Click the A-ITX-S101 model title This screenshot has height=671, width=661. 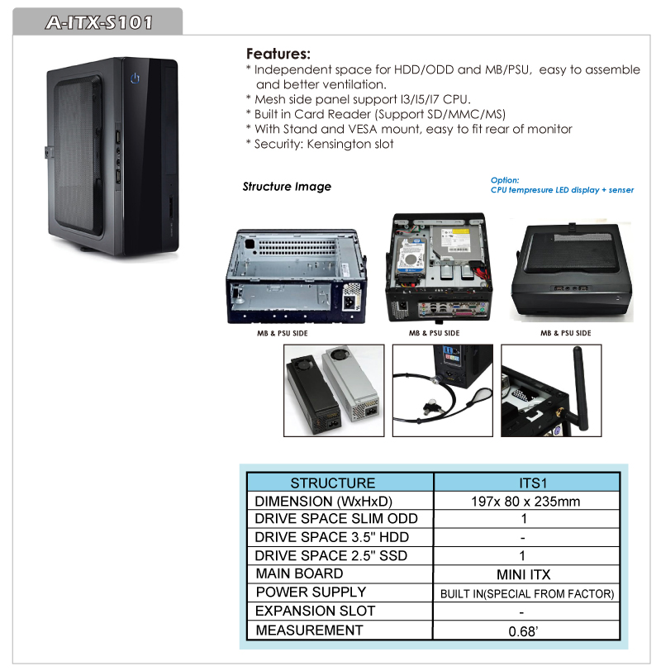[x=99, y=22]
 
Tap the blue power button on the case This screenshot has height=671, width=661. [x=135, y=78]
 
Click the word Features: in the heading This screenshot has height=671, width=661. [x=278, y=54]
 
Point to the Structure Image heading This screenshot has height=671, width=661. [x=287, y=186]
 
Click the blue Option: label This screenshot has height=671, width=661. [x=505, y=180]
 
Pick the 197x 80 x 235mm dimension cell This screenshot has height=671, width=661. [x=525, y=501]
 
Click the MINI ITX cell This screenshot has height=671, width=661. [x=524, y=574]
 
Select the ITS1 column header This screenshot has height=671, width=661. [x=533, y=483]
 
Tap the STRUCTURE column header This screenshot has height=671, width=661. [x=333, y=483]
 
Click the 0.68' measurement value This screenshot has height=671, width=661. [x=523, y=631]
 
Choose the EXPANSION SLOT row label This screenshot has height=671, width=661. [x=316, y=611]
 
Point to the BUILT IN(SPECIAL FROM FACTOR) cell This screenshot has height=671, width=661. [x=527, y=593]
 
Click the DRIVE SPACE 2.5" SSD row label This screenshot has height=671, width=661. [x=330, y=555]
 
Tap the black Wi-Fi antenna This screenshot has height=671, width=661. [x=580, y=388]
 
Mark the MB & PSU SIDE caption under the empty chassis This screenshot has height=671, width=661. [x=283, y=333]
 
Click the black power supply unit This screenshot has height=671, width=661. [x=313, y=396]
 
